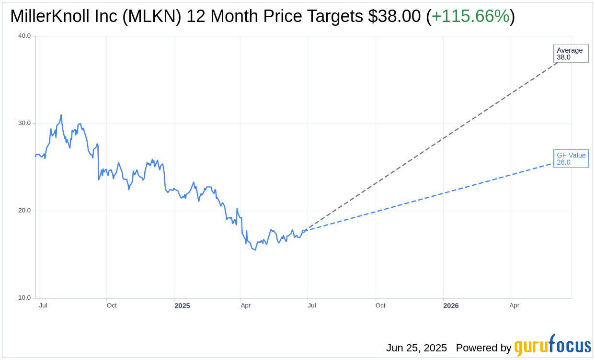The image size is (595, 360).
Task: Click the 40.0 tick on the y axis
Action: point(24,36)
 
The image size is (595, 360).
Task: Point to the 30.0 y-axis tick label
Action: point(24,123)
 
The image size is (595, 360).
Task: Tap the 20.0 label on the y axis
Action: point(24,211)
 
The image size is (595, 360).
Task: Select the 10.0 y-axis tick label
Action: point(24,298)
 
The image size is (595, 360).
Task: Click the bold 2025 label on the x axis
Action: point(182,306)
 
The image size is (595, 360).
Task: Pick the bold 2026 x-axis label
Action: point(451,306)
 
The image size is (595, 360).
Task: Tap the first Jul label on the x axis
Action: point(43,305)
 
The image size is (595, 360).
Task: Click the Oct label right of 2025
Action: point(380,305)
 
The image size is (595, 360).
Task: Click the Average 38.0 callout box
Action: point(571,54)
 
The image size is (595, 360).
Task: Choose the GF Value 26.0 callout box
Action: point(571,158)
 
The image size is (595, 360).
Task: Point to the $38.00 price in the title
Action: point(394,17)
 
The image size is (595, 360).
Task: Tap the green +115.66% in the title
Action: point(470,17)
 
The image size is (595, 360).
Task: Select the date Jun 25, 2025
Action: point(416,348)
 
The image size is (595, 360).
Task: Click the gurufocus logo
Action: point(552,346)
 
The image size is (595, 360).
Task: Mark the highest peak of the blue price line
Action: point(61,115)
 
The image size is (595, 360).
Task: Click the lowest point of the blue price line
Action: point(255,250)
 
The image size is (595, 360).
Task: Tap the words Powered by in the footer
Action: point(483,348)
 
